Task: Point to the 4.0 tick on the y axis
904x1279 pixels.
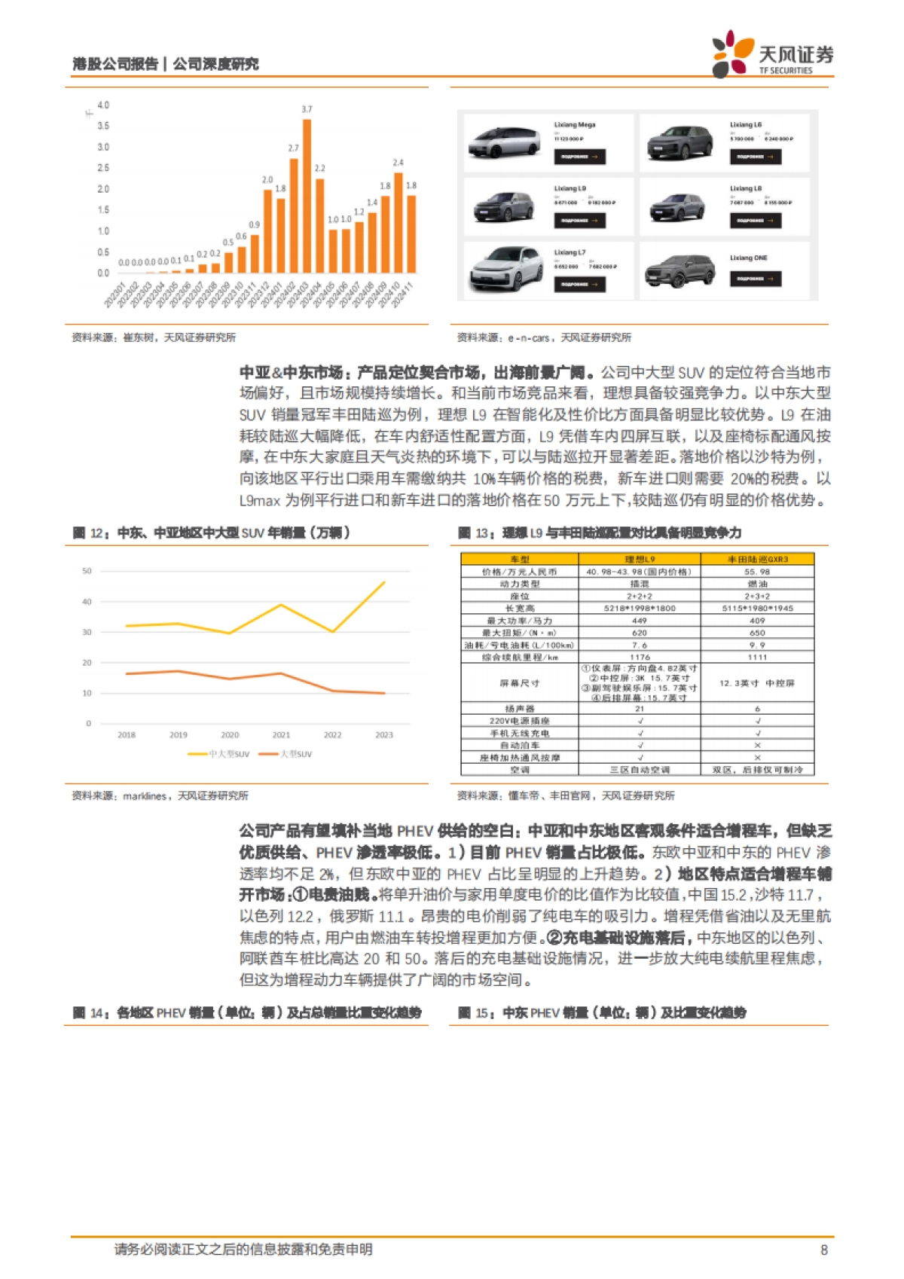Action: (x=103, y=105)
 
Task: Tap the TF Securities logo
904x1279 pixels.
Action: (x=773, y=54)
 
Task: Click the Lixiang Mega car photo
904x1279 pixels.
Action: (x=504, y=142)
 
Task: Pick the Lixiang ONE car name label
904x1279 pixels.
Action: (x=748, y=258)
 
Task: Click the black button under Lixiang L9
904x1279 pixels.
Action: (x=579, y=221)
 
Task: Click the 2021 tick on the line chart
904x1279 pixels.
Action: (x=281, y=735)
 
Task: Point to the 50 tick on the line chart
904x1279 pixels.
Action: (x=87, y=571)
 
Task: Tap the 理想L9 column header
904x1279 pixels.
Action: (x=640, y=559)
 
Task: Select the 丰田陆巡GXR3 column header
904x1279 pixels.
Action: (x=757, y=559)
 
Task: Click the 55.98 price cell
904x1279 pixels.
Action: (x=757, y=572)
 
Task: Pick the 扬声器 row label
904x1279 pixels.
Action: (x=519, y=709)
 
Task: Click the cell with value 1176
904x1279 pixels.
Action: (x=640, y=658)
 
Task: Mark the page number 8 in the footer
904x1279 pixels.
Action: (x=823, y=1250)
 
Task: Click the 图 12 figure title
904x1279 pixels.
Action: (x=211, y=533)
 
